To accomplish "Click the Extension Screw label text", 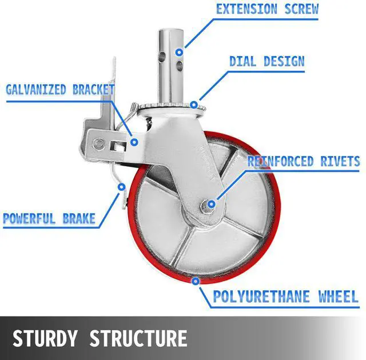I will click(x=266, y=9).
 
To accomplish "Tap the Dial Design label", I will click(x=266, y=61).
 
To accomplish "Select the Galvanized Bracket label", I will click(x=60, y=90).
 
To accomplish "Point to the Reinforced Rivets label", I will click(x=303, y=161).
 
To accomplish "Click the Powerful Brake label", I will click(x=49, y=218).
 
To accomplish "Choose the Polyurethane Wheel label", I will click(x=285, y=297).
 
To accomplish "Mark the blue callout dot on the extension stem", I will click(x=179, y=52).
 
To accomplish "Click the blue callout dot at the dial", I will click(x=194, y=105).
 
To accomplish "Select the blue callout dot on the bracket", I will click(x=133, y=141).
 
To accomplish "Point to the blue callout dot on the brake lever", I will click(x=121, y=186).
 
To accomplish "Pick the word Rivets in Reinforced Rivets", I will click(x=337, y=161).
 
